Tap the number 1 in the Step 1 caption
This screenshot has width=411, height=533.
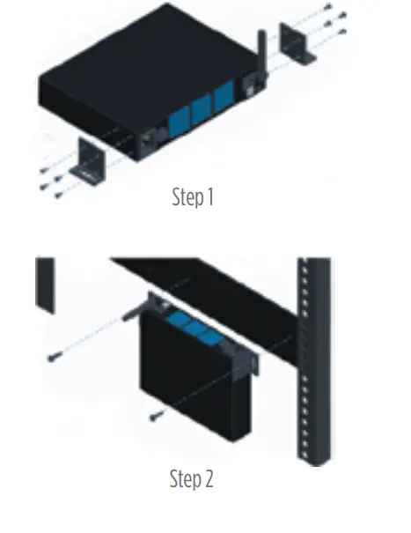(x=210, y=196)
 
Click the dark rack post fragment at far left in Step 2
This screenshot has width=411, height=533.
(x=44, y=282)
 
